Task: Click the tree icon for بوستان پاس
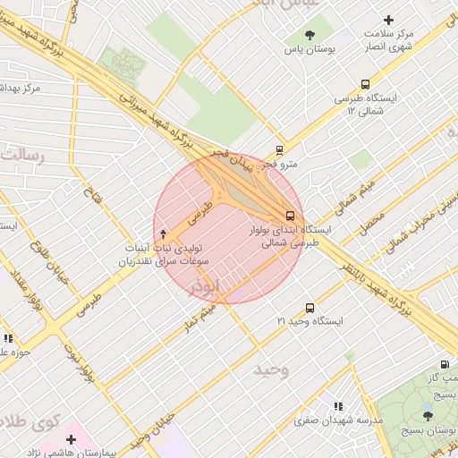pos(310,36)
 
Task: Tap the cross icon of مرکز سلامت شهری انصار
pos(388,20)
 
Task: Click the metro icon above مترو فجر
pos(280,150)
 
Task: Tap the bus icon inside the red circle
pos(290,216)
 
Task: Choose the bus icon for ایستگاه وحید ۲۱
pos(310,307)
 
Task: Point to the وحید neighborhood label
pos(270,369)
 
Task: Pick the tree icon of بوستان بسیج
pos(428,416)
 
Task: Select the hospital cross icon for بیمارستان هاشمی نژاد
pos(71,439)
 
